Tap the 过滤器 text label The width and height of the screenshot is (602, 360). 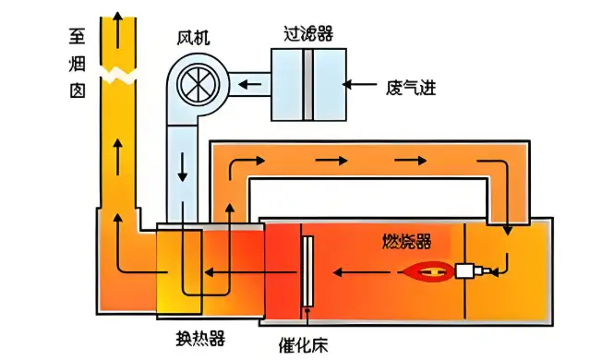coord(307,33)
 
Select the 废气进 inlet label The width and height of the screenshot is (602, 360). coord(410,89)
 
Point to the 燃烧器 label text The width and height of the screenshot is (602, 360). coord(406,242)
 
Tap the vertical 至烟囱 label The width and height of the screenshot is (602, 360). coord(78,64)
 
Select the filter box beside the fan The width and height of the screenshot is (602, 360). coord(307,83)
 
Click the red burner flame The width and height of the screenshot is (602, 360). coord(426,271)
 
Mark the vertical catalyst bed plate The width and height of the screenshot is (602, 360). coord(307,272)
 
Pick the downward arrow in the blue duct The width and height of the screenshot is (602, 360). coord(183,165)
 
